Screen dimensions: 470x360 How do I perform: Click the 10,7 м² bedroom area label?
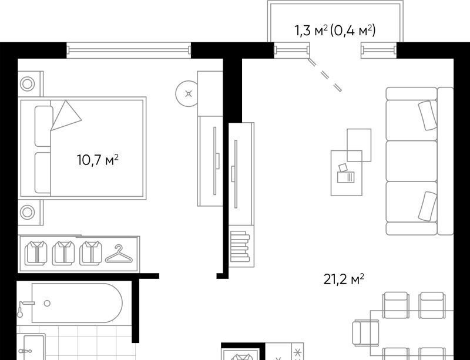click(x=98, y=160)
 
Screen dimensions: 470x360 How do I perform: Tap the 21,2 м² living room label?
click(x=344, y=279)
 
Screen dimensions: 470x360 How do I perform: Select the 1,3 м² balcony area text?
click(x=311, y=31)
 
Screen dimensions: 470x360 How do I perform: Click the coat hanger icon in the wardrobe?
click(x=119, y=254)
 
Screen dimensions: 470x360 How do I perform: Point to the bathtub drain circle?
click(x=47, y=303)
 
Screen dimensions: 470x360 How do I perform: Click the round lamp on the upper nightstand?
click(x=27, y=83)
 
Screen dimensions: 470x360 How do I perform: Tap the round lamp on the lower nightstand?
click(x=27, y=212)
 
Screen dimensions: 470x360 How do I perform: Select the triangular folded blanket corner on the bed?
click(x=66, y=116)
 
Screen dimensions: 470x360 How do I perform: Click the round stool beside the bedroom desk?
click(x=186, y=94)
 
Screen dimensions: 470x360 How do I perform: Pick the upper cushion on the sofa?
click(x=428, y=116)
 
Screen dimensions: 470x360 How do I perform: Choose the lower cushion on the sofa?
click(x=428, y=207)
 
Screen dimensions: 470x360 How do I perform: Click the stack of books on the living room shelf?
click(x=240, y=246)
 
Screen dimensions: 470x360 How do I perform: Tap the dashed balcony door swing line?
click(x=325, y=75)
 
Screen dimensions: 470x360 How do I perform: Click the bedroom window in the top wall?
click(x=128, y=50)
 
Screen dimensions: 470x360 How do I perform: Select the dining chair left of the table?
click(x=365, y=332)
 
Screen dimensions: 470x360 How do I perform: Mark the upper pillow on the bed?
click(x=43, y=126)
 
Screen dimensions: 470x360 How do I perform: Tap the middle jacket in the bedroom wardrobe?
click(x=63, y=253)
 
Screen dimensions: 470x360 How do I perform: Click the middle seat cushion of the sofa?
click(x=412, y=161)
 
